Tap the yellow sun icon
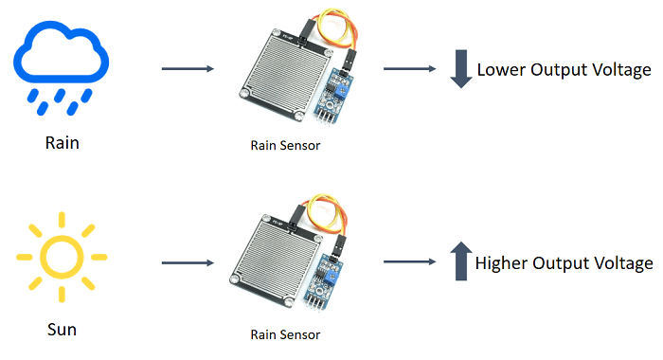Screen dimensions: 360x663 [63, 255]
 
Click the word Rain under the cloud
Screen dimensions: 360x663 [63, 144]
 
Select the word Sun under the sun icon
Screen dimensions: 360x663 [62, 330]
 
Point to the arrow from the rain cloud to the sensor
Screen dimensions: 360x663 [188, 69]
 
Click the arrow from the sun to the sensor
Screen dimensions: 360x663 [188, 262]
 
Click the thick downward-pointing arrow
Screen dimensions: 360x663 [460, 69]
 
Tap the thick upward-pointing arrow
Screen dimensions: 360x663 [460, 261]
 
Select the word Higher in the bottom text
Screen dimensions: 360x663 [503, 263]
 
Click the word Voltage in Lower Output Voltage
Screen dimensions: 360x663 [620, 70]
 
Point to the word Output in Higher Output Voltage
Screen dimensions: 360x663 [575, 263]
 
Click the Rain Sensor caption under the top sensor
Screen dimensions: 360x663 [285, 145]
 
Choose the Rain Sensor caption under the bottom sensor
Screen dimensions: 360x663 [285, 334]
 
